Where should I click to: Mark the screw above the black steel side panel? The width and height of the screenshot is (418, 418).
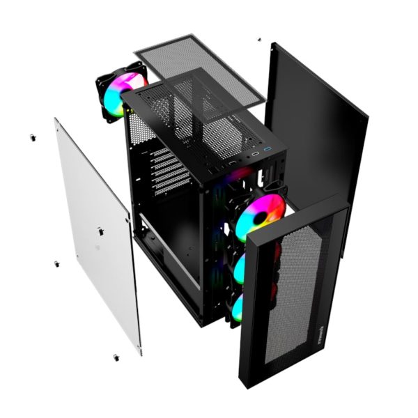tap(259, 40)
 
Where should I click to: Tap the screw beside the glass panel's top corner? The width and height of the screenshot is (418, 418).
tap(32, 137)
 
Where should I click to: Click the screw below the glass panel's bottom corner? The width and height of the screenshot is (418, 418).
tap(115, 357)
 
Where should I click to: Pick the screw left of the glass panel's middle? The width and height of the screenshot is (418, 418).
tap(56, 264)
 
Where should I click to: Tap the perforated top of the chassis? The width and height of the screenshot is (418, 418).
tap(202, 115)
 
